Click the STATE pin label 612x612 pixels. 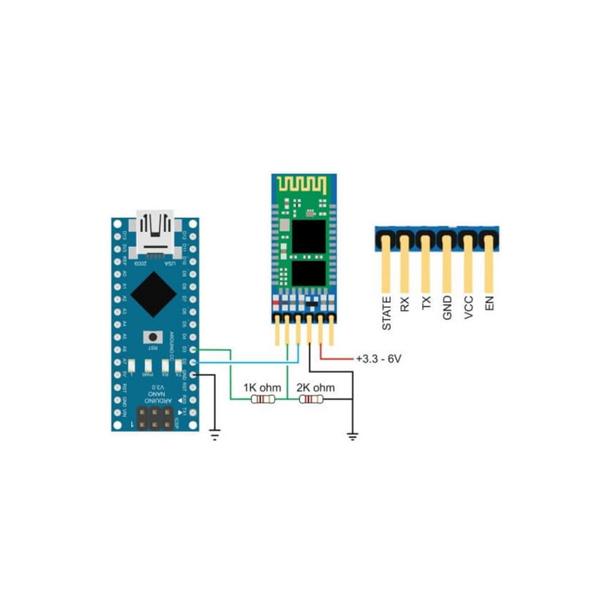(387, 313)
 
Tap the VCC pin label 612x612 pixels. (469, 307)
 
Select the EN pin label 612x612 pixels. (490, 304)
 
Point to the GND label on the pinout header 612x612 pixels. (447, 307)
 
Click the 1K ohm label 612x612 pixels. (261, 388)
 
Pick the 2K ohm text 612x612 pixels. (316, 388)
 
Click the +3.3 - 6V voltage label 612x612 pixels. (378, 360)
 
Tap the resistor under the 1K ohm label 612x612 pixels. (263, 400)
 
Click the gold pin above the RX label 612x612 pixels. (405, 263)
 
